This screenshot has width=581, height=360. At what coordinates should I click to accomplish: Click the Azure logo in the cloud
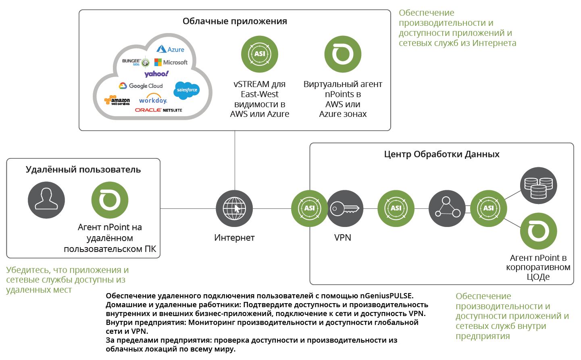[x=170, y=49]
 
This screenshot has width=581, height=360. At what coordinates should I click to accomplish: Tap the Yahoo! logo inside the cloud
[x=156, y=74]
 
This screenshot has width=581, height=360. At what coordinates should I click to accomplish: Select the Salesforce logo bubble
[x=187, y=90]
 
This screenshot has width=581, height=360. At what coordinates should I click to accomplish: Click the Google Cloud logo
[x=141, y=86]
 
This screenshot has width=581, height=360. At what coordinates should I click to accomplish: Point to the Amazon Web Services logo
[x=117, y=100]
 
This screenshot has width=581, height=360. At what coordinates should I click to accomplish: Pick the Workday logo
[x=153, y=100]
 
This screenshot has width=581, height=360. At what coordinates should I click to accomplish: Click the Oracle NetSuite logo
[x=158, y=110]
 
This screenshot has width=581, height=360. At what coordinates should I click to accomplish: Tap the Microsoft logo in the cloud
[x=171, y=62]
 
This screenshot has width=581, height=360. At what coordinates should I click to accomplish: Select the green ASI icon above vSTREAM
[x=260, y=54]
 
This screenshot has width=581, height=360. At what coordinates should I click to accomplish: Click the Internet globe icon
[x=234, y=208]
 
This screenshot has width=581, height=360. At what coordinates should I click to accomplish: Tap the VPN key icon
[x=345, y=208]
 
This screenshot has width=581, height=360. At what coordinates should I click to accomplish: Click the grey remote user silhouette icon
[x=46, y=200]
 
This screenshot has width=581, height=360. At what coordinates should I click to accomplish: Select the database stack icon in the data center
[x=538, y=186]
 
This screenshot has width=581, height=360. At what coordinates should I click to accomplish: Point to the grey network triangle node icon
[x=447, y=208]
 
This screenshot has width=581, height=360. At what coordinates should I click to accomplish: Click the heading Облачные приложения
[x=235, y=21]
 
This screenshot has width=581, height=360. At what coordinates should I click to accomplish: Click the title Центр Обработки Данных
[x=441, y=154]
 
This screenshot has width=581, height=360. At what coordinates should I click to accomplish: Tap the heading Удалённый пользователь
[x=83, y=169]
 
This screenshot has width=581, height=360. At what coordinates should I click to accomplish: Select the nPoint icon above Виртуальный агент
[x=343, y=54]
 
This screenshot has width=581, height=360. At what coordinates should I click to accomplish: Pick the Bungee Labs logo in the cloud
[x=135, y=62]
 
